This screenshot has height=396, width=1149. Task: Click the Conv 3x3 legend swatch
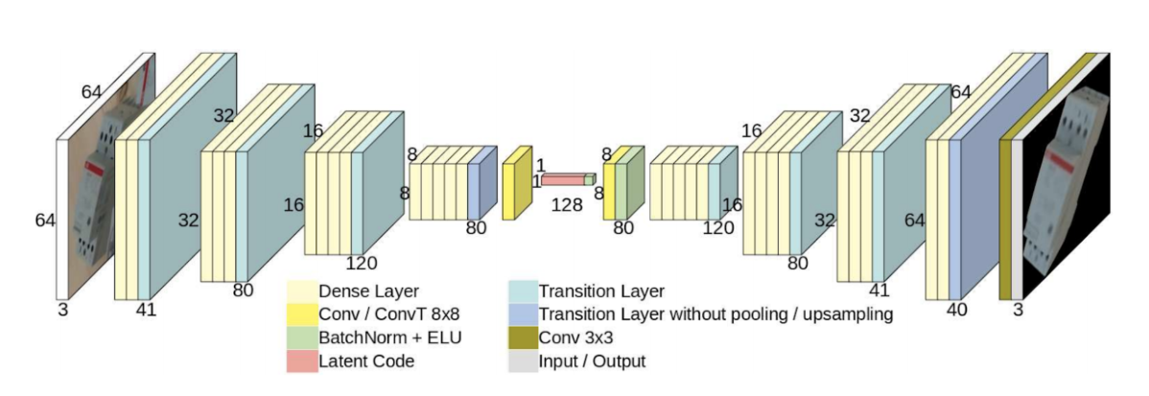click(523, 338)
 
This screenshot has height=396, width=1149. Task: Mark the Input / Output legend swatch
click(523, 361)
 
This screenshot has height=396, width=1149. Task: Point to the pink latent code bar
click(563, 179)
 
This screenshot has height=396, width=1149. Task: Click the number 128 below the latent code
click(565, 204)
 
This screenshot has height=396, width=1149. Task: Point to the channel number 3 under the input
click(63, 309)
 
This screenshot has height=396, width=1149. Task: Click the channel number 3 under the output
click(1019, 309)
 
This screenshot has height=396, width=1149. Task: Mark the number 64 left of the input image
click(45, 221)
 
